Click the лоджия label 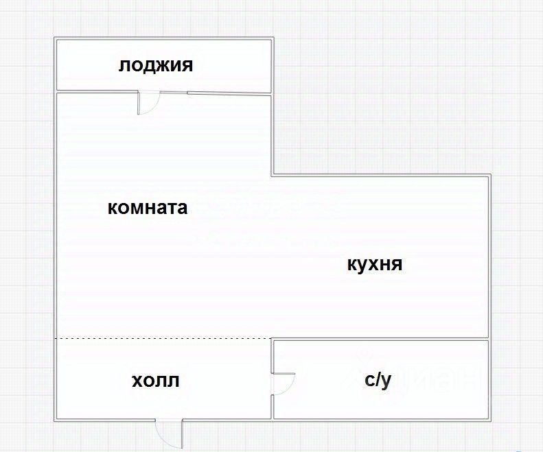(x=156, y=66)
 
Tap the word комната (x=148, y=208)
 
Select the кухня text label (x=374, y=265)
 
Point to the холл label (x=156, y=380)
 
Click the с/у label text (x=378, y=380)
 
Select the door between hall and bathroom (x=283, y=383)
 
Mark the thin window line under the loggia (x=229, y=93)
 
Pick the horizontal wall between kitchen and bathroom (x=381, y=339)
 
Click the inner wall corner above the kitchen (x=273, y=175)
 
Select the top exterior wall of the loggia (x=164, y=38)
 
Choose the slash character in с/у (x=378, y=380)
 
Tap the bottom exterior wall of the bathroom (x=381, y=419)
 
